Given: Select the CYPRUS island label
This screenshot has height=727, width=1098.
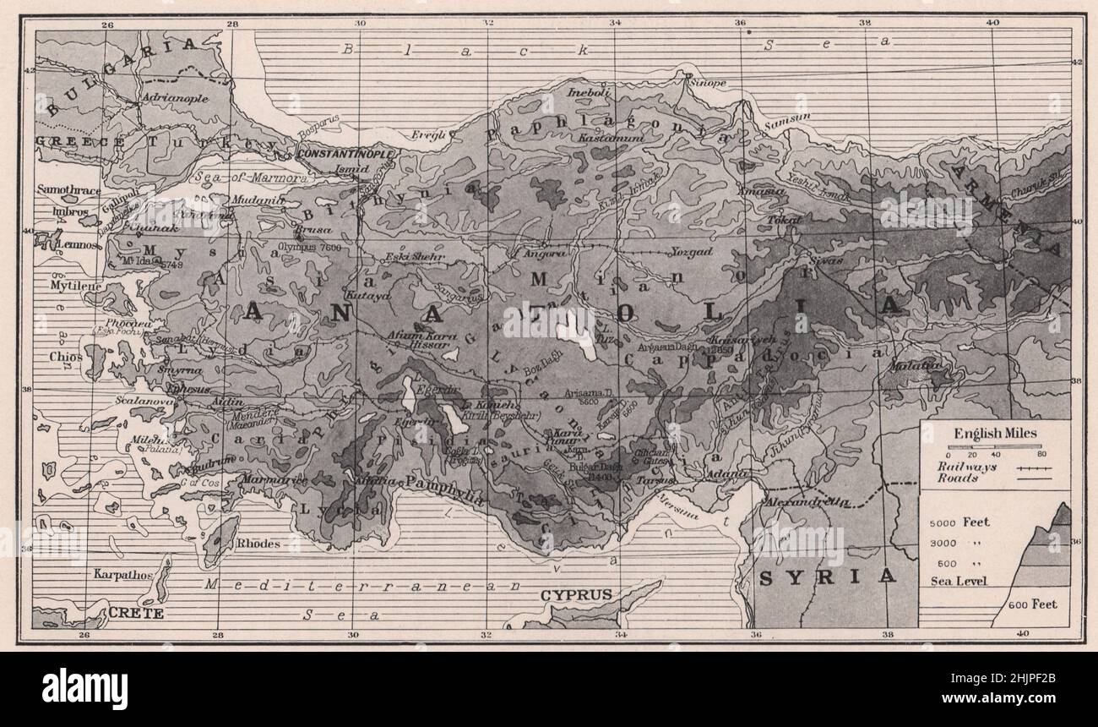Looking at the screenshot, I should (576, 594).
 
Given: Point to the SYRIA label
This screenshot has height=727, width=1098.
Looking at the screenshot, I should (826, 577).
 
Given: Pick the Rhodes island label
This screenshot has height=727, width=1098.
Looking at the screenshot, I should (258, 544).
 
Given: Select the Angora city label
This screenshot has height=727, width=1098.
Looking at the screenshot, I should (541, 252).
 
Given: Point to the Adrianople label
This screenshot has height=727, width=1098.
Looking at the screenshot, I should (176, 98).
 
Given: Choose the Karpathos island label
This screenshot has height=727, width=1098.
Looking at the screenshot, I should (123, 575).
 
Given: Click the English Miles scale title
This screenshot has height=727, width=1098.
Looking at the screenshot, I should (996, 433).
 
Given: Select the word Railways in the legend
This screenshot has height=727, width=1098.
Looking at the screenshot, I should (965, 466).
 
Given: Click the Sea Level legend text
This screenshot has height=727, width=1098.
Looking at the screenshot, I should (959, 581).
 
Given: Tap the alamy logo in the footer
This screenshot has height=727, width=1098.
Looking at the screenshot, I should (84, 688).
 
